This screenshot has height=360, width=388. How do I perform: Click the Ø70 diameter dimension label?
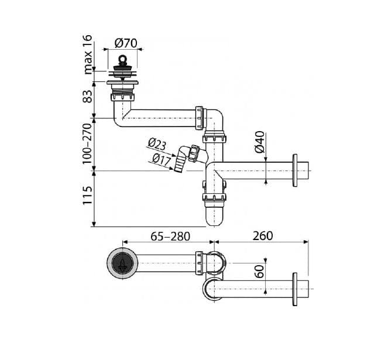pyautogui.click(x=126, y=43)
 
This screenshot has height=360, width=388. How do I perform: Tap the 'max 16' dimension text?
pyautogui.click(x=88, y=54)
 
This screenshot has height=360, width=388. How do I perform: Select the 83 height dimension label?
pyautogui.click(x=88, y=96)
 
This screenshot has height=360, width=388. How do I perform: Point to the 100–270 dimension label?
pyautogui.click(x=87, y=143)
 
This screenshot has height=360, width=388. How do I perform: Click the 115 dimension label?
pyautogui.click(x=87, y=196)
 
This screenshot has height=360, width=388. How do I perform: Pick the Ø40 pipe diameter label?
pyautogui.click(x=260, y=142)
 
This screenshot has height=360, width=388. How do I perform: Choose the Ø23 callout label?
pyautogui.click(x=157, y=145)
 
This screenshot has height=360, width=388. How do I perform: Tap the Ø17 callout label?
pyautogui.click(x=162, y=159)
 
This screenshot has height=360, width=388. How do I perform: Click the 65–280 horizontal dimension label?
pyautogui.click(x=170, y=236)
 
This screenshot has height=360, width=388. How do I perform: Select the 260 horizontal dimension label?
pyautogui.click(x=263, y=236)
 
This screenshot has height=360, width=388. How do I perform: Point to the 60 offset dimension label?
pyautogui.click(x=260, y=272)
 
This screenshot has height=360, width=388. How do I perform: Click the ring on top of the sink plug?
pyautogui.click(x=122, y=59)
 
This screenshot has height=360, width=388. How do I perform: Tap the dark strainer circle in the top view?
pyautogui.click(x=122, y=263)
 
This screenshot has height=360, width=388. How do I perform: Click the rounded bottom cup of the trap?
pyautogui.click(x=214, y=216)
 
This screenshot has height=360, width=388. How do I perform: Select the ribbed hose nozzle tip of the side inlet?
pyautogui.click(x=178, y=164)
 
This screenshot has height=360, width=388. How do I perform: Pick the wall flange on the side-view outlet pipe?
pyautogui.click(x=295, y=170)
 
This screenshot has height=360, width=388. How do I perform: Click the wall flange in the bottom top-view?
pyautogui.click(x=295, y=289)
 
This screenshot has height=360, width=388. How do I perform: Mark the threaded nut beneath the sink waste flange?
pyautogui.click(x=123, y=97)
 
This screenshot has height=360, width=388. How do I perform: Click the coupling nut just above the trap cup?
pyautogui.click(x=214, y=197)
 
